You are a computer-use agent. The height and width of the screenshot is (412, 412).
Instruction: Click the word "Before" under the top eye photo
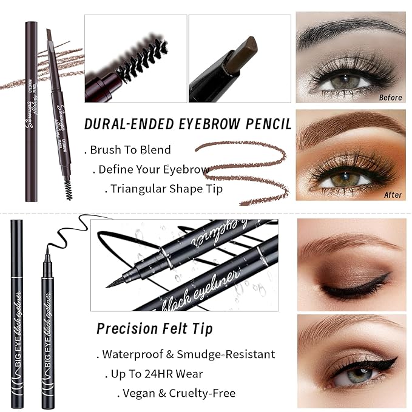point(390,96)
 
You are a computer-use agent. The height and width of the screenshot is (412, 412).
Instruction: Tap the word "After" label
point(393,195)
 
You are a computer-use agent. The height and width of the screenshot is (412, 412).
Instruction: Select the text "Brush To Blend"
point(130,149)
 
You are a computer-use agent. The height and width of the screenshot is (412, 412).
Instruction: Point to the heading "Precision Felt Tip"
point(155,329)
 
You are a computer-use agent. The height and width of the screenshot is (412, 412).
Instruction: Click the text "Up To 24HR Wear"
point(157,374)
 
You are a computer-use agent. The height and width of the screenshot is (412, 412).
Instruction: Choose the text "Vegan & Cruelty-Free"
point(179,393)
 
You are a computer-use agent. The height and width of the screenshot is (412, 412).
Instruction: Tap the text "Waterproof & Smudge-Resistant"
point(188,354)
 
